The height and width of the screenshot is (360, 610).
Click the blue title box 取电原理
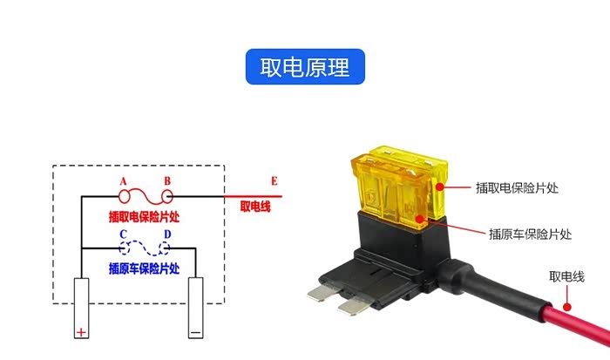pos(305,66)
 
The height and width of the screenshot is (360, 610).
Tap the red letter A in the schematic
pos(124,181)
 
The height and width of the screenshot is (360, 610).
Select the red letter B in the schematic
pos(167,181)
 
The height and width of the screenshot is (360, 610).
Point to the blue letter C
pos(124,234)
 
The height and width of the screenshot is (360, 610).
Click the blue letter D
pos(167,234)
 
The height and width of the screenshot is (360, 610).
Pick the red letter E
pos(274,181)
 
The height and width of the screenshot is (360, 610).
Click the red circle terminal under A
pos(125,196)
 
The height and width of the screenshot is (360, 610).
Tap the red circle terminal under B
pos(167,196)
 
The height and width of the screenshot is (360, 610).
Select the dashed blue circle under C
pos(125,248)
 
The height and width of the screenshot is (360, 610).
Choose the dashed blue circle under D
pos(165,248)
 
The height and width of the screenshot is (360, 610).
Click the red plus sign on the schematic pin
pos(81,332)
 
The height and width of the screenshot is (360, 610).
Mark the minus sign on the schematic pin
pos(195,332)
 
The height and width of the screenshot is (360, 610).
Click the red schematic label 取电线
pos(255,207)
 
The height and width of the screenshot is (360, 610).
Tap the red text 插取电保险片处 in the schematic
pos(144,216)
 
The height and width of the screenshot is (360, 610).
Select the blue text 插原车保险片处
pos(144,268)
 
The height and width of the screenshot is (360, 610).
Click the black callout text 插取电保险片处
pos(517,188)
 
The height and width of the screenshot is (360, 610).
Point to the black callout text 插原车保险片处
pos(530,234)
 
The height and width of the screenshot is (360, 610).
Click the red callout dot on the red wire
pos(567,307)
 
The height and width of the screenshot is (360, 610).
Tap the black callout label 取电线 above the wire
pos(566,276)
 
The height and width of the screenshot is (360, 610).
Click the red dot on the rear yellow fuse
pos(439,187)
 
